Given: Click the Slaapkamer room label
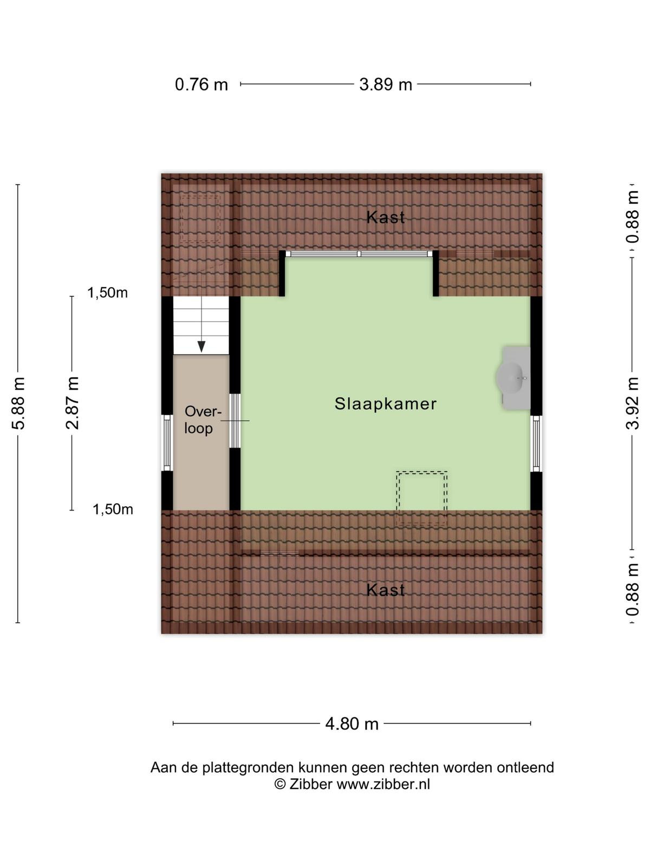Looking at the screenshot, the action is pos(386,404).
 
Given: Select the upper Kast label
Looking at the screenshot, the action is pos(386,218).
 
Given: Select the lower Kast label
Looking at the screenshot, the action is pos(386,590).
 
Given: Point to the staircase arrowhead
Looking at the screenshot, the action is pos(201,346).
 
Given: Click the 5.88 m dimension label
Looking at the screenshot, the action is pos(19,403).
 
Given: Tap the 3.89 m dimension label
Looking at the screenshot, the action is pos(386,85).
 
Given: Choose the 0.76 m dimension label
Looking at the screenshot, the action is pos(201,85).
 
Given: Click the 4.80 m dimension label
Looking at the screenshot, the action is pos(352,723).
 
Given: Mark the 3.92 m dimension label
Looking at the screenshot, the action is pos(632,403).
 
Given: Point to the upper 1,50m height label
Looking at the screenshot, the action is pos(107,293).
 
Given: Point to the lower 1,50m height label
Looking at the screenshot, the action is pos(113,509).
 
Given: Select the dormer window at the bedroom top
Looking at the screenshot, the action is pos(359,254).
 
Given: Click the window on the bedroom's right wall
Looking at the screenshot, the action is pos(536,444).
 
